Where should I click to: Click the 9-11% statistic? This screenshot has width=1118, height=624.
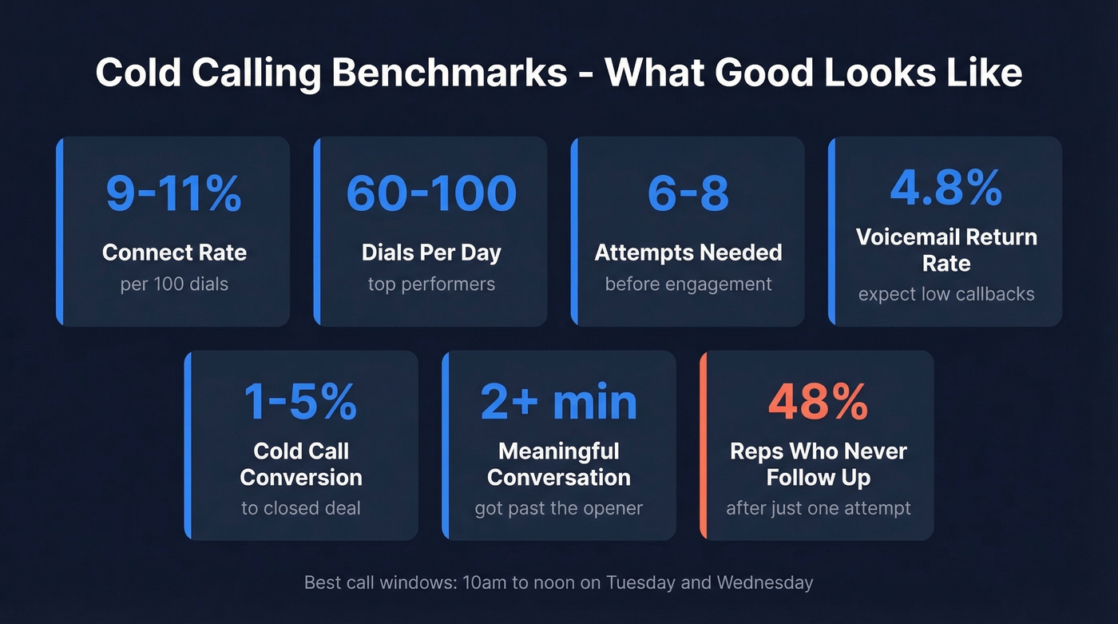pos(174,193)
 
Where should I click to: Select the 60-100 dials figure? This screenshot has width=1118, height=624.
pos(431,193)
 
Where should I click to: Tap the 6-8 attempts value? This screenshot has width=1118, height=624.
pos(688,193)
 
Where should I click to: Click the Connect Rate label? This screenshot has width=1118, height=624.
pos(174,252)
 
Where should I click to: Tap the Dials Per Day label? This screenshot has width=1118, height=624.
pos(431,252)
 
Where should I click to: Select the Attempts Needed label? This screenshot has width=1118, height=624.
pos(688,252)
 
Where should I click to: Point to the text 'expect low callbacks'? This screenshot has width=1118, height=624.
pos(946,294)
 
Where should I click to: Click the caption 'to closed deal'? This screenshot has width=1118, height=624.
pos(301,508)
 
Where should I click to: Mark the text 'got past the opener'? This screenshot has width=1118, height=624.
pos(558,508)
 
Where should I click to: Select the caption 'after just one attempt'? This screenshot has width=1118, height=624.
pos(818,508)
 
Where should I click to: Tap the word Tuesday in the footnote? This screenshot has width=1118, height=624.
pos(642,582)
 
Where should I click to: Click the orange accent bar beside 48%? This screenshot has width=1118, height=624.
pos(703,445)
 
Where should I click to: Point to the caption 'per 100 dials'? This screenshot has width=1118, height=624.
pos(174,284)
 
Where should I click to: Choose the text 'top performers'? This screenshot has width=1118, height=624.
pos(431,284)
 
